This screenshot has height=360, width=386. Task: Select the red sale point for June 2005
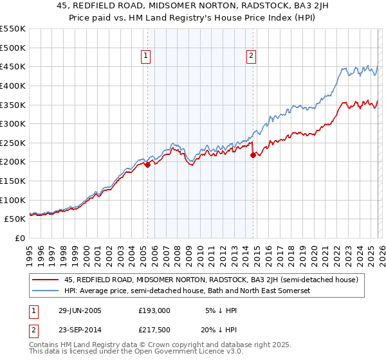148,165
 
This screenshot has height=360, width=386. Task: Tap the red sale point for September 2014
252,155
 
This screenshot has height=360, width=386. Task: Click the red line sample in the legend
46,279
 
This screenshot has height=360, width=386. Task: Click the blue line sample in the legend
46,291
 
